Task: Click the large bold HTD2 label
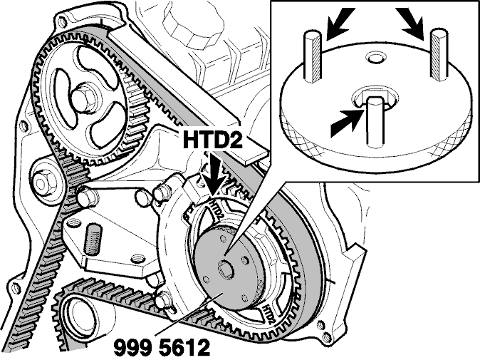(212, 140)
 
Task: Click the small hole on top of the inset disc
(375, 58)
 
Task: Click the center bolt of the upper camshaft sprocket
(83, 98)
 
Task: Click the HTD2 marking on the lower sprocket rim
(267, 314)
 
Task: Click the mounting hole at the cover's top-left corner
(63, 21)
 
